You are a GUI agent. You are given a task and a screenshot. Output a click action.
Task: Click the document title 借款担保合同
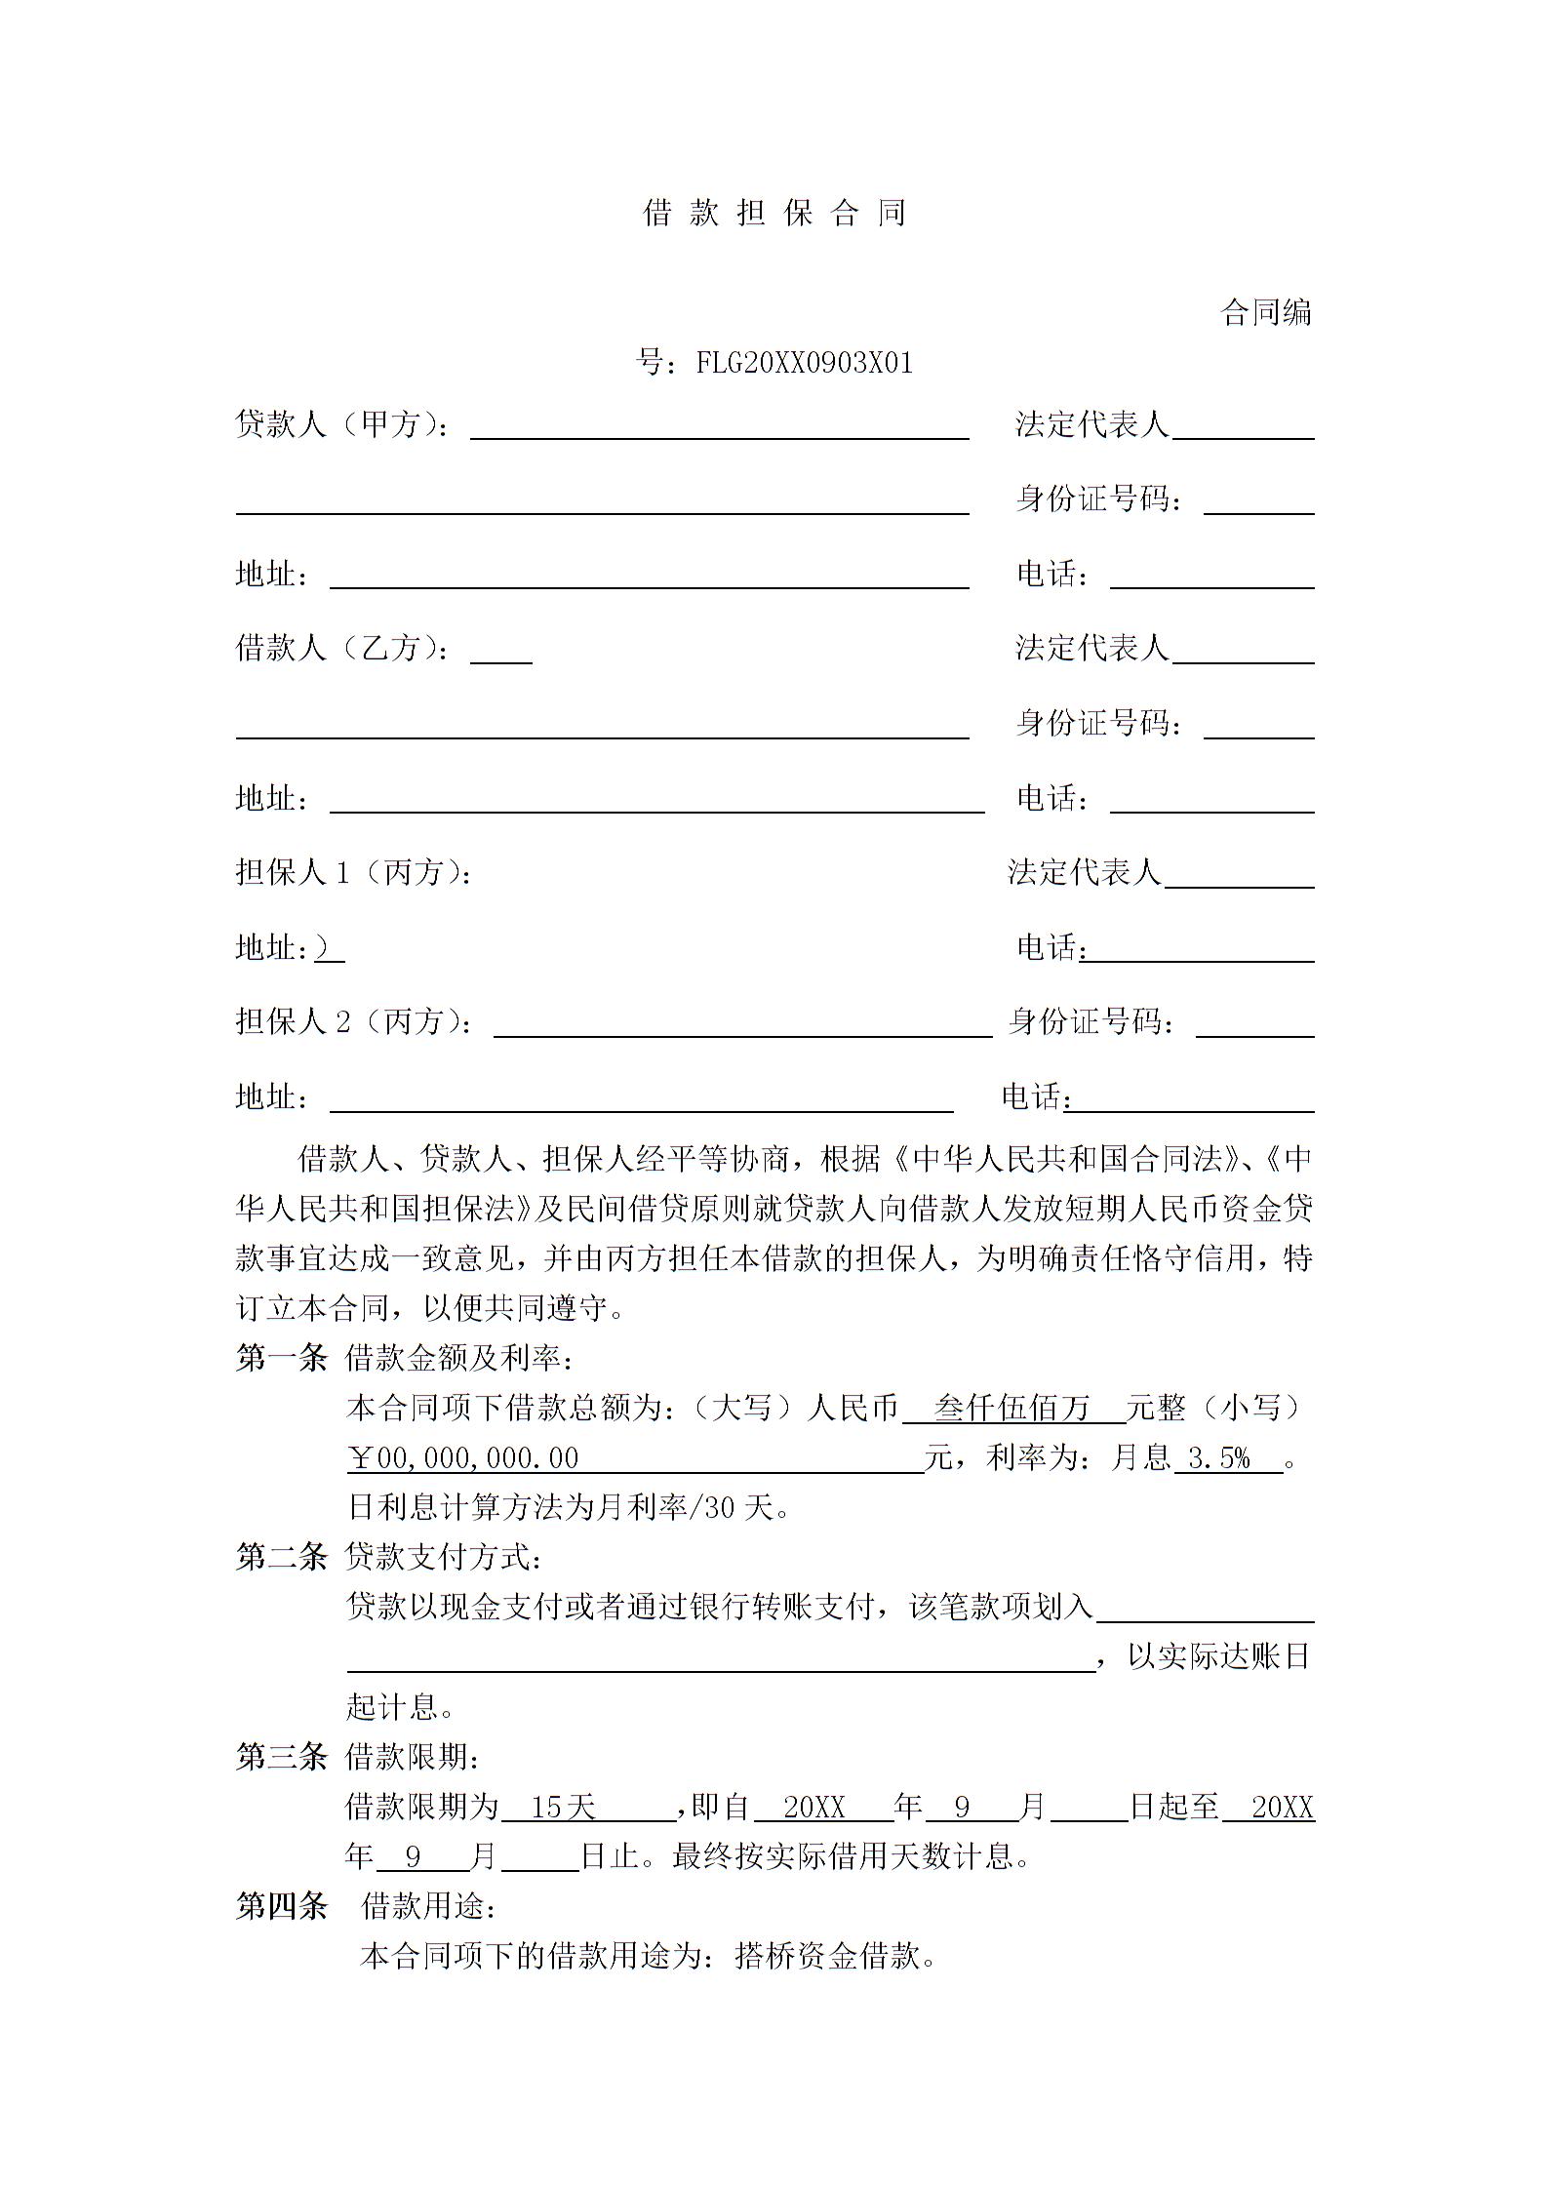click(x=774, y=213)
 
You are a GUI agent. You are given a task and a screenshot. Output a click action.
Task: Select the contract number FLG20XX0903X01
click(x=804, y=363)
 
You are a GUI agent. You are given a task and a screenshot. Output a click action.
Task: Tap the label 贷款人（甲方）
click(x=342, y=424)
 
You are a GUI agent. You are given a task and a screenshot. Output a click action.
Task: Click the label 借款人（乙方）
click(x=342, y=648)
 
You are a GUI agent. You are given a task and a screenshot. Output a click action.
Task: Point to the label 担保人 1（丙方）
click(x=354, y=872)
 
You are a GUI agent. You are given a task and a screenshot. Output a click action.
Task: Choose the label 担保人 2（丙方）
click(x=354, y=1021)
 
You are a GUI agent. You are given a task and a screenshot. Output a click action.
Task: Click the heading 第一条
click(x=281, y=1357)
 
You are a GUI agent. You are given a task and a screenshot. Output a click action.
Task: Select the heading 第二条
click(x=281, y=1557)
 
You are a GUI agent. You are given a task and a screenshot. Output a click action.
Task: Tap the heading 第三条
click(x=281, y=1757)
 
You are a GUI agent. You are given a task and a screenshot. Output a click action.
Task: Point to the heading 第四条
click(x=281, y=1906)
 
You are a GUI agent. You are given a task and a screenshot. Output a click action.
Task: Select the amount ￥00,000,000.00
click(x=464, y=1458)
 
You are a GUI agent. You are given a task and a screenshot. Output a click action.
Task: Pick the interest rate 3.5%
click(x=1219, y=1458)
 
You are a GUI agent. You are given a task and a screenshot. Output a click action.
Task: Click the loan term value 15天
click(x=563, y=1808)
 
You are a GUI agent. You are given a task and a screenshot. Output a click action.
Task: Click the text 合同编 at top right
click(x=1266, y=312)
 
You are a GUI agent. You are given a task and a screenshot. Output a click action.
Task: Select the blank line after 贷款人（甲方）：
click(x=719, y=429)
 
